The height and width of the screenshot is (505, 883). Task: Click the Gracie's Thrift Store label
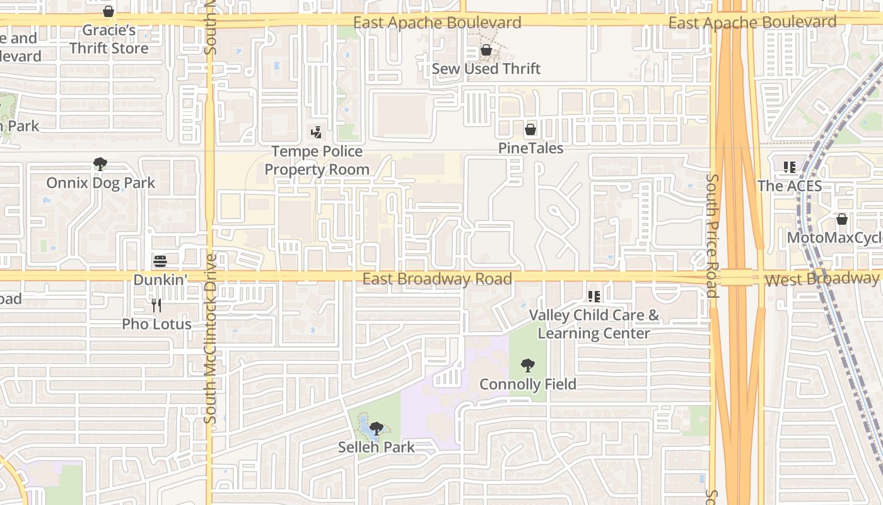[109, 39]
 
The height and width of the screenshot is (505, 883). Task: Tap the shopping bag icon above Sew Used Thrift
[486, 50]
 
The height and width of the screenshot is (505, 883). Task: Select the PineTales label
[530, 148]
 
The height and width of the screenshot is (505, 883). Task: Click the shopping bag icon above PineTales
[530, 129]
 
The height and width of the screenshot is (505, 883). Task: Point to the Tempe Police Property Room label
[317, 160]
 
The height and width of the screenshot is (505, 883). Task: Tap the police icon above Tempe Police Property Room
[317, 133]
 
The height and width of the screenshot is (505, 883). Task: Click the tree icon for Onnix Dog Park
[100, 165]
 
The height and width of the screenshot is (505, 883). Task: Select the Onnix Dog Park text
[100, 183]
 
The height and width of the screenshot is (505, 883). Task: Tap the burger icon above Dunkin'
[160, 261]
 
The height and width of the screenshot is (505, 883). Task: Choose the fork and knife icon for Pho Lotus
[156, 306]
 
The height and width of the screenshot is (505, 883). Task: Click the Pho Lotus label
[156, 324]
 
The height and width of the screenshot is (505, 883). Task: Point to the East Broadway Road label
[437, 279]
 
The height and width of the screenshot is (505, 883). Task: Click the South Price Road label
[712, 235]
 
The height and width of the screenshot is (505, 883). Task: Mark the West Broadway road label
[821, 279]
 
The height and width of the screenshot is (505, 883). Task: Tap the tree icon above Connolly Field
[528, 365]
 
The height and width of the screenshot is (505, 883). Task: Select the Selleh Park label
[377, 448]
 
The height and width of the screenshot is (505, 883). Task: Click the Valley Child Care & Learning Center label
[594, 324]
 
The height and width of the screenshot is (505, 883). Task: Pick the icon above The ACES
[790, 167]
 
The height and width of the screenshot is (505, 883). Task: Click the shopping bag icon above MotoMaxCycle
[841, 219]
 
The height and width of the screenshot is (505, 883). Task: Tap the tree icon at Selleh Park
[377, 429]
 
